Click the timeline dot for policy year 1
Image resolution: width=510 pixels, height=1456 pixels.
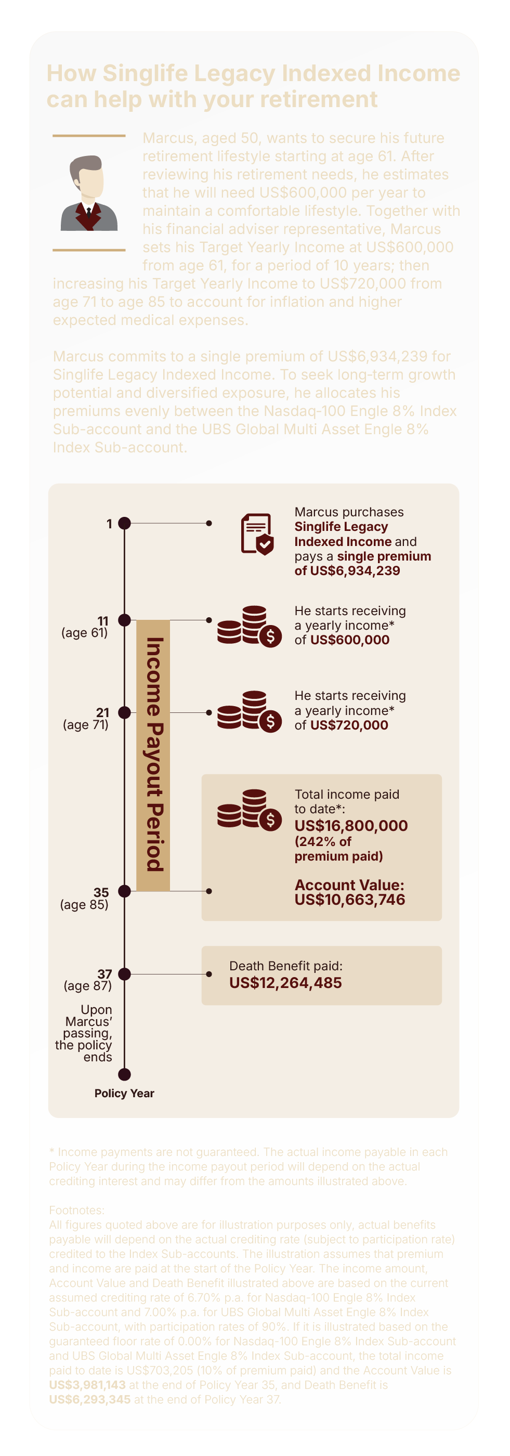click(124, 524)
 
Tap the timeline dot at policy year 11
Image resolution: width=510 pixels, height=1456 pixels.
click(124, 620)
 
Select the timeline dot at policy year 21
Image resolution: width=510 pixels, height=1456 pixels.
click(124, 712)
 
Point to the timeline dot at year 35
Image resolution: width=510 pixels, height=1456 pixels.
click(124, 891)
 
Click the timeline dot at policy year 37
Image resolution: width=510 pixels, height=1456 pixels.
click(124, 974)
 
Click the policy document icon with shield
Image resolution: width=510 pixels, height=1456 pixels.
click(257, 534)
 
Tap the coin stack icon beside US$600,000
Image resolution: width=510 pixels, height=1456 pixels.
click(249, 626)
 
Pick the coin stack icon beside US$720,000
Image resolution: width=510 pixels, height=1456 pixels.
click(249, 711)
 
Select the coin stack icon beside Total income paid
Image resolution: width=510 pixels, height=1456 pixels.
click(249, 810)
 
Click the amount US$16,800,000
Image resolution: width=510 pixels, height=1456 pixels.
click(351, 826)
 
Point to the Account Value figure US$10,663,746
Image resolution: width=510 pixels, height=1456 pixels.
click(349, 900)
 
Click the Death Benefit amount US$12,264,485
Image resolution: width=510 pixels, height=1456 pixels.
click(285, 983)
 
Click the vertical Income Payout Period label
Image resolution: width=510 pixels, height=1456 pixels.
click(153, 755)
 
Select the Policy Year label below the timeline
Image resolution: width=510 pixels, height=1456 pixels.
click(124, 1093)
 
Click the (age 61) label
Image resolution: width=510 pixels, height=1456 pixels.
click(85, 633)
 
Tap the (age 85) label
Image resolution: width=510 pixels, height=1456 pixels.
click(84, 905)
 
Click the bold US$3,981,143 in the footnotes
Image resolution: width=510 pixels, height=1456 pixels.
click(87, 1385)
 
